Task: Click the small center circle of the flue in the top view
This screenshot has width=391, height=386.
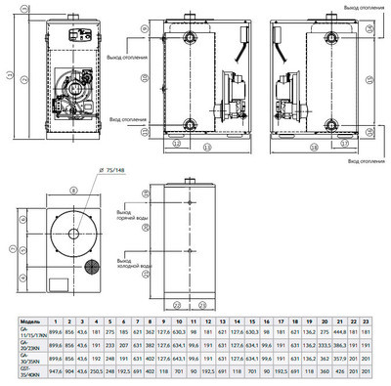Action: (x=67, y=238)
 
